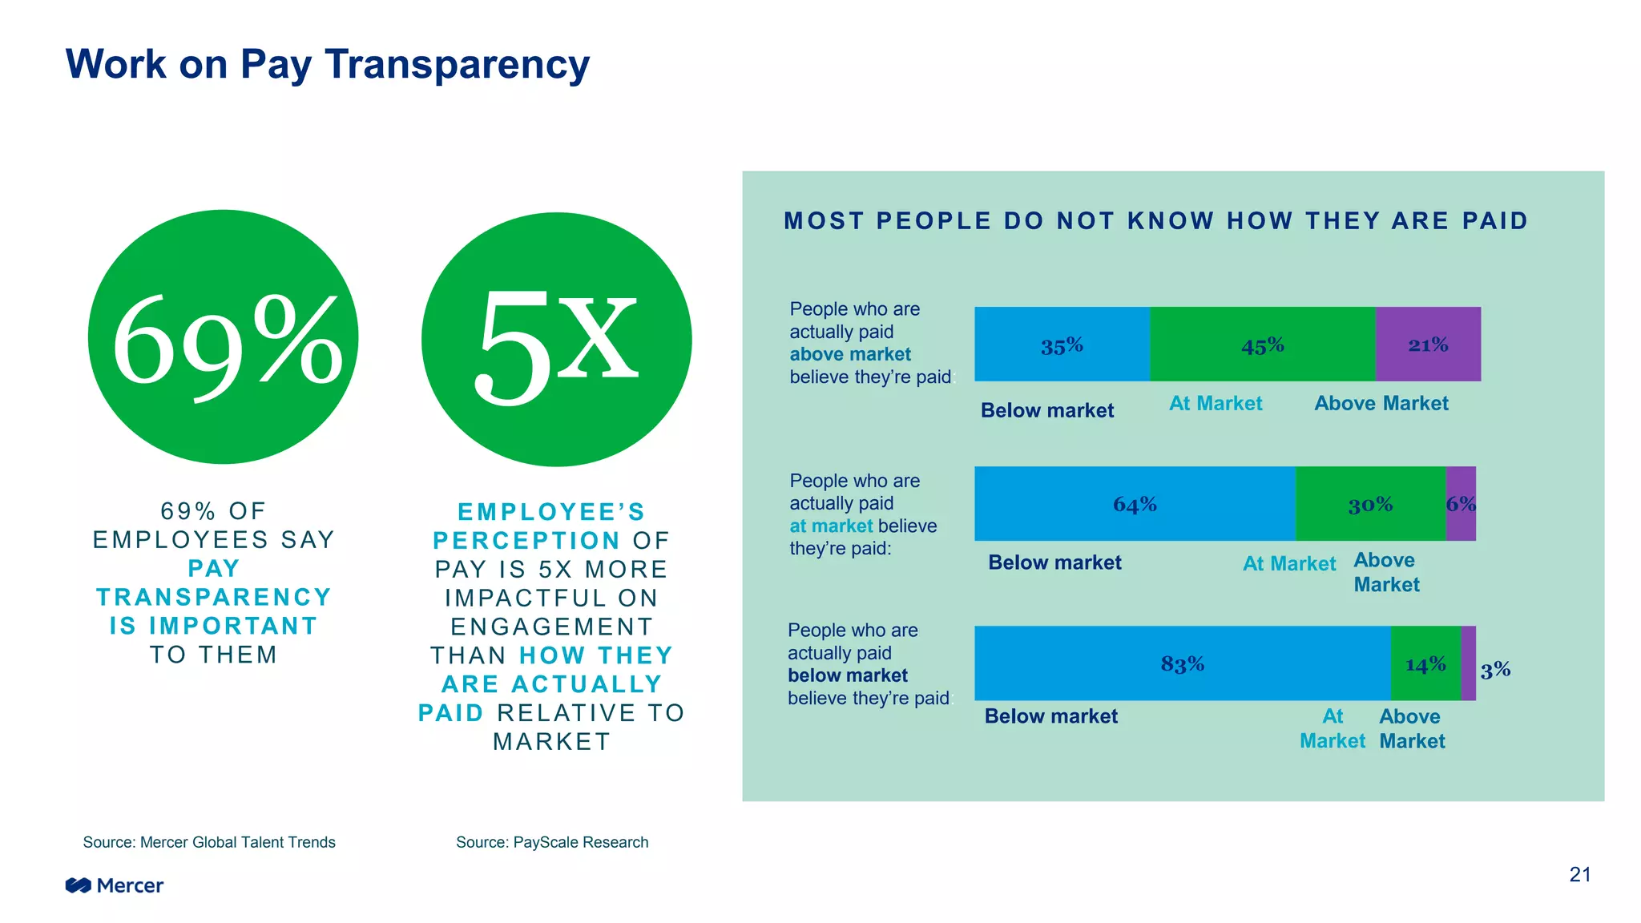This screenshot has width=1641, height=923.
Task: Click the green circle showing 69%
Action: click(x=223, y=337)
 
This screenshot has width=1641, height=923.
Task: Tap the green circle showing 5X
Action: click(x=556, y=340)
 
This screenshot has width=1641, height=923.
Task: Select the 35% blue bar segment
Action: click(x=1062, y=345)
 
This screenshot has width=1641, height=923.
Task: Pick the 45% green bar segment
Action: click(x=1262, y=345)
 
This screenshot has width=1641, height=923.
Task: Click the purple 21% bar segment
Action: click(x=1428, y=345)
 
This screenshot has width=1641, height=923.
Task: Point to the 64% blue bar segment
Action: click(x=1135, y=504)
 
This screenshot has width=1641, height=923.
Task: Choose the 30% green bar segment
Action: click(x=1370, y=504)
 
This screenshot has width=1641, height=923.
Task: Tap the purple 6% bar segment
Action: click(x=1461, y=504)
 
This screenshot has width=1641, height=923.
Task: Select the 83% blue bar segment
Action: click(x=1182, y=663)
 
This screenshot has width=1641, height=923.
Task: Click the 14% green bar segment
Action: click(x=1425, y=663)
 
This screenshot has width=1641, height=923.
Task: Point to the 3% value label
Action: click(x=1495, y=670)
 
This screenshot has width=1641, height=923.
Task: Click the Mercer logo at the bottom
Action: click(x=115, y=885)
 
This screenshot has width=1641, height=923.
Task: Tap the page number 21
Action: click(x=1579, y=874)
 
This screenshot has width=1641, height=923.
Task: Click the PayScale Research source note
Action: click(x=552, y=842)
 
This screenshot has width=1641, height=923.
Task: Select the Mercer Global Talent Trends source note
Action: click(x=209, y=842)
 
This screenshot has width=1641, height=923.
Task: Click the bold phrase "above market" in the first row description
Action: click(x=850, y=354)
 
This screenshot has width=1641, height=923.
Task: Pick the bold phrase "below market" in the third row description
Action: click(x=848, y=675)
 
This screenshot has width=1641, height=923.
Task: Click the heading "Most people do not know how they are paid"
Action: click(x=1155, y=220)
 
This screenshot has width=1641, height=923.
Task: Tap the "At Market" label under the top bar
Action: click(x=1215, y=403)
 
